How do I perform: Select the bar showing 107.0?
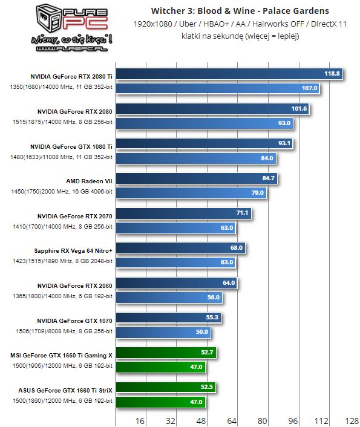coord(218,88)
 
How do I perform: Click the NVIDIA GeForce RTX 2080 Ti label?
coord(71,76)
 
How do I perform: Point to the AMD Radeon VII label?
coord(89,180)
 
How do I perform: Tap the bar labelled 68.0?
coord(182,248)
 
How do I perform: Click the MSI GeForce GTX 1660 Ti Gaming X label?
coord(62,355)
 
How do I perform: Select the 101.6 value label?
coord(299,109)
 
